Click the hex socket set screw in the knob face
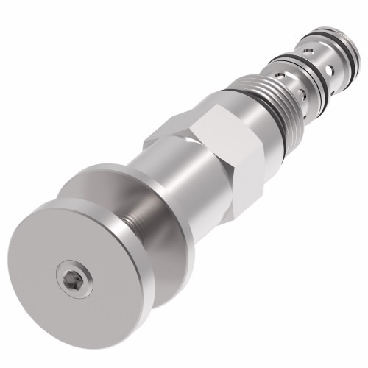pos(74,280)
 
